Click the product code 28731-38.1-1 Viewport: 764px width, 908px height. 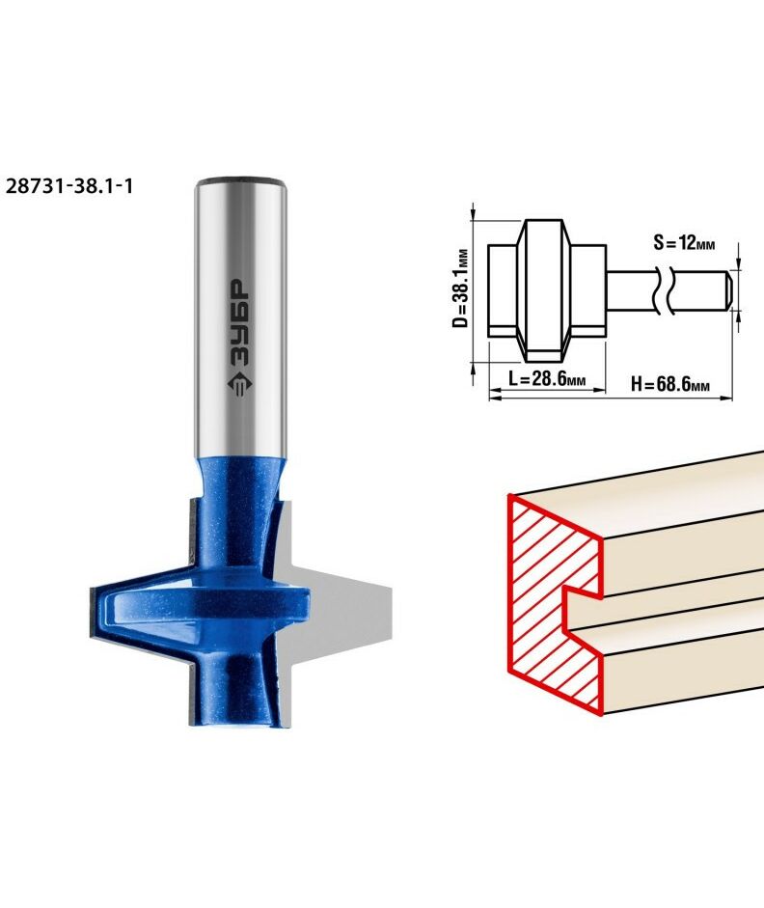point(68,186)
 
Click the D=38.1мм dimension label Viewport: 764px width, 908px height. point(460,288)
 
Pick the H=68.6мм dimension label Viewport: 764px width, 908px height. point(669,383)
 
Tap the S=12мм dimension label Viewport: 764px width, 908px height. point(684,242)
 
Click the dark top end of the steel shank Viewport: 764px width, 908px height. point(240,180)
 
